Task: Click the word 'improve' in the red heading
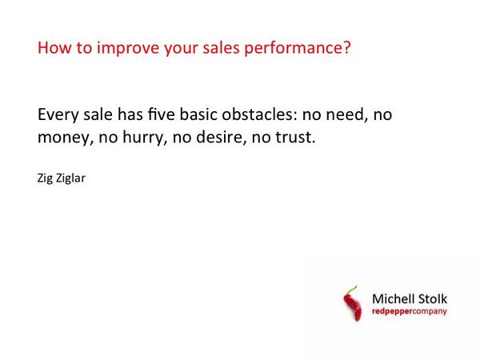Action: [x=121, y=49]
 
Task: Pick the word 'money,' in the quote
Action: [x=65, y=138]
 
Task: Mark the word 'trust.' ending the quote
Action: [x=294, y=137]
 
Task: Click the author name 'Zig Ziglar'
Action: [x=61, y=178]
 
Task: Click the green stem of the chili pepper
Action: [x=350, y=289]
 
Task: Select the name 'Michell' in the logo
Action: [x=393, y=298]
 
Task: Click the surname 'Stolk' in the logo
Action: [x=433, y=298]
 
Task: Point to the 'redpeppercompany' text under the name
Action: [x=410, y=311]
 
